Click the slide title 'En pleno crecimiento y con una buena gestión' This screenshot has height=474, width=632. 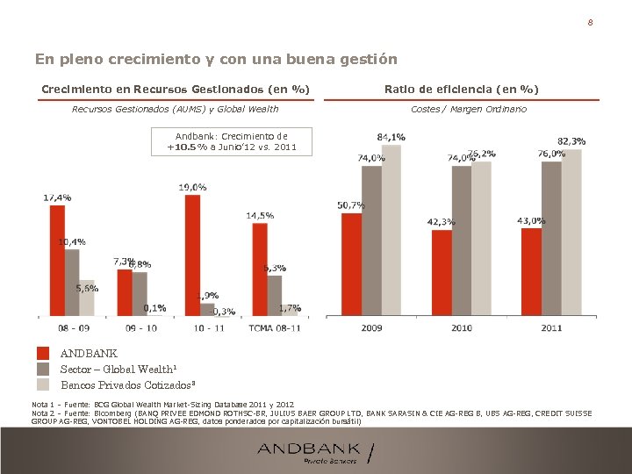coord(216,60)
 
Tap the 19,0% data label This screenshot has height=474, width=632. coord(192,187)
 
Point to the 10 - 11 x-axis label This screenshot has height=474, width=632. coord(208,327)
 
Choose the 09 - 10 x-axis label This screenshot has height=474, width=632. coord(140,327)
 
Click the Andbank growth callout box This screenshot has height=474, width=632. coord(231,142)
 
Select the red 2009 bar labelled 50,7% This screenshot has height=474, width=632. coord(351,263)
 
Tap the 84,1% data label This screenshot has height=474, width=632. coord(391,137)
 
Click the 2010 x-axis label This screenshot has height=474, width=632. coord(461,327)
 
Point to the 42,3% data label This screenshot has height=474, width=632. coord(441,222)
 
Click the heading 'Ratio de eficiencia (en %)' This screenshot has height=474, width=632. coord(461,90)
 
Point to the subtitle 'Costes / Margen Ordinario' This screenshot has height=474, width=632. coord(469,109)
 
